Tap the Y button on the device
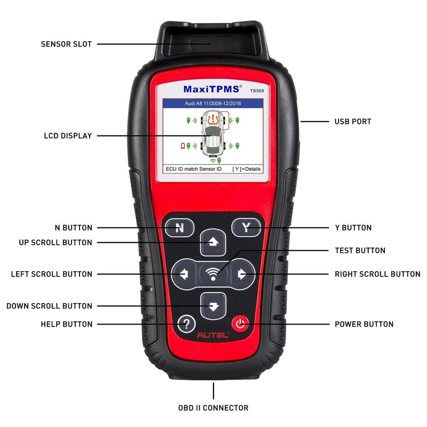pyautogui.click(x=246, y=228)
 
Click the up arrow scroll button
pyautogui.click(x=213, y=243)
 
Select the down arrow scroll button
pyautogui.click(x=213, y=306)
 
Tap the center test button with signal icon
pyautogui.click(x=213, y=274)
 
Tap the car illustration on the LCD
pyautogui.click(x=213, y=136)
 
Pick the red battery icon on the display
pyautogui.click(x=183, y=145)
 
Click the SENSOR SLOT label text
pyautogui.click(x=66, y=44)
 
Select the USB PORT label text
pyautogui.click(x=353, y=122)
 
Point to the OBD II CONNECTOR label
pyautogui.click(x=213, y=408)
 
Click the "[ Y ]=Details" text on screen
pyautogui.click(x=246, y=169)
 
